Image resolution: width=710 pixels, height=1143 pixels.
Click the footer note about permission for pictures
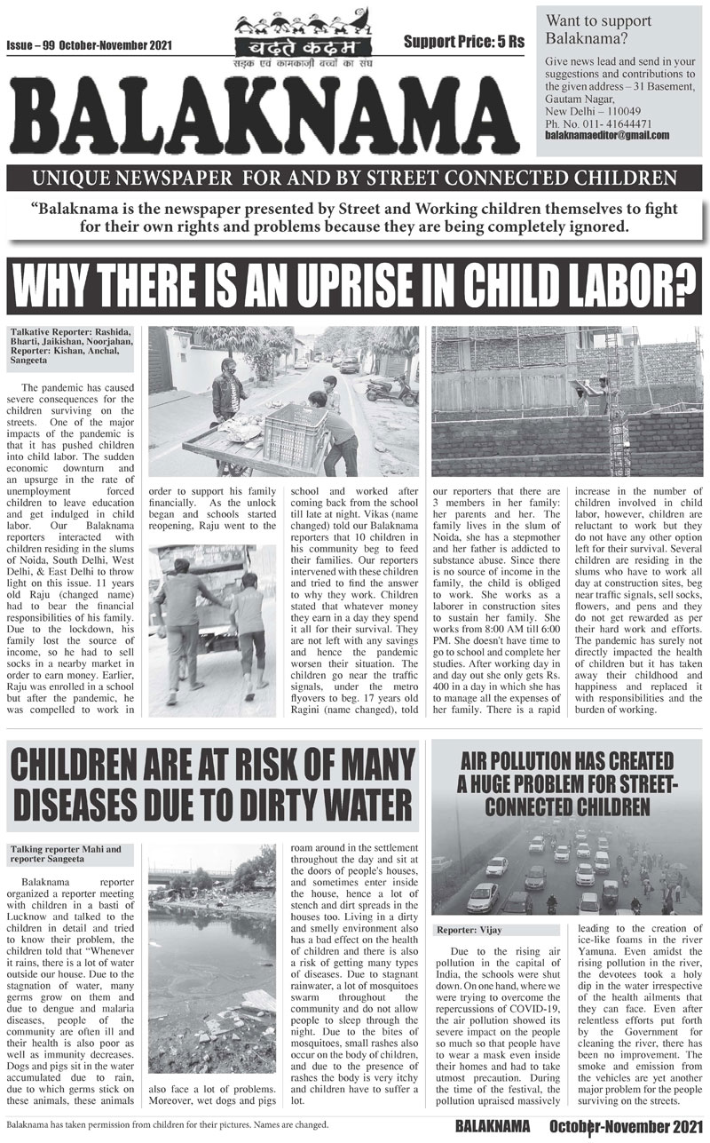(x=168, y=1125)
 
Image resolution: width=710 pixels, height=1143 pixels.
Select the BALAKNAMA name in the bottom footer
(x=493, y=1126)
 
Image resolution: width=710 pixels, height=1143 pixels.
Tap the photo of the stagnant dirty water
(x=212, y=959)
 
